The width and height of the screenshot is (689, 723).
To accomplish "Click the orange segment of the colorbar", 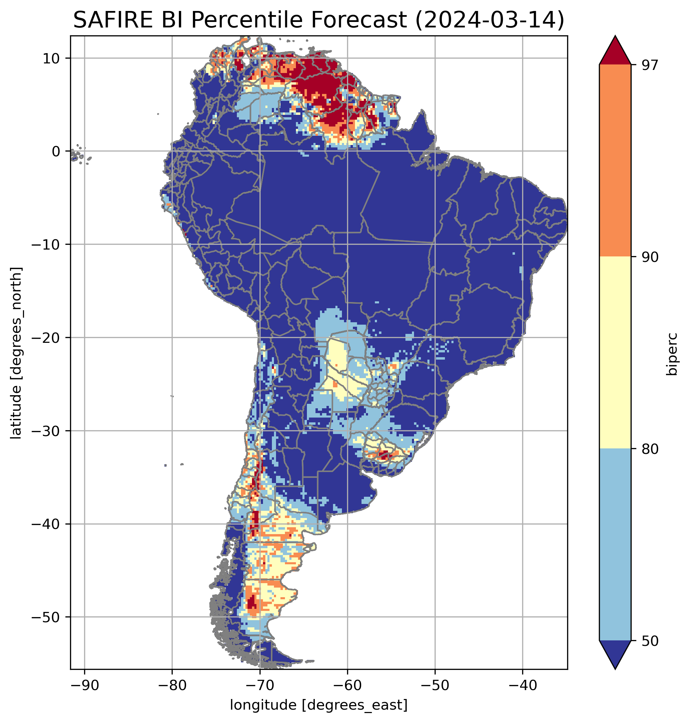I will [615, 161].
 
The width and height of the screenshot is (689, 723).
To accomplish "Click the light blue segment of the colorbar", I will [615, 545].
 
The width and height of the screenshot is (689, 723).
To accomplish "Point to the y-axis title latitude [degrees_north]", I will [16, 353].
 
